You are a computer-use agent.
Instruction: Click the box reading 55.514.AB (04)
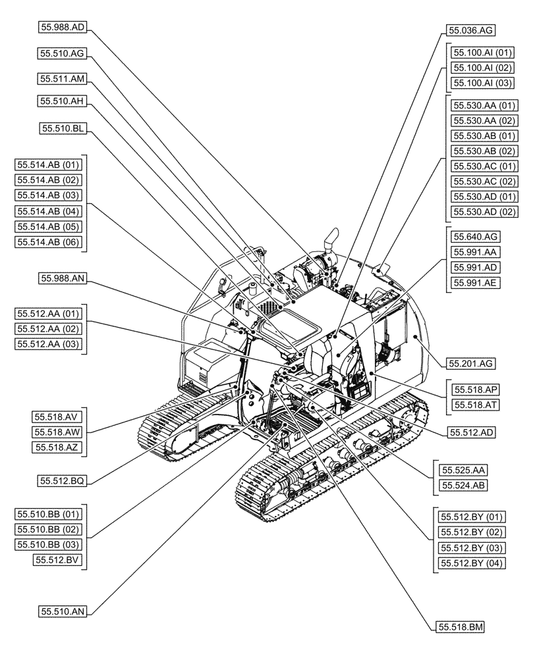pyautogui.click(x=48, y=211)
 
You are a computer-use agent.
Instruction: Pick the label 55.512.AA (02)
pyautogui.click(x=48, y=328)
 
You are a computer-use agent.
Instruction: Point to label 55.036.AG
pyautogui.click(x=470, y=30)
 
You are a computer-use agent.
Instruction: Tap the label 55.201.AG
pyautogui.click(x=472, y=363)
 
